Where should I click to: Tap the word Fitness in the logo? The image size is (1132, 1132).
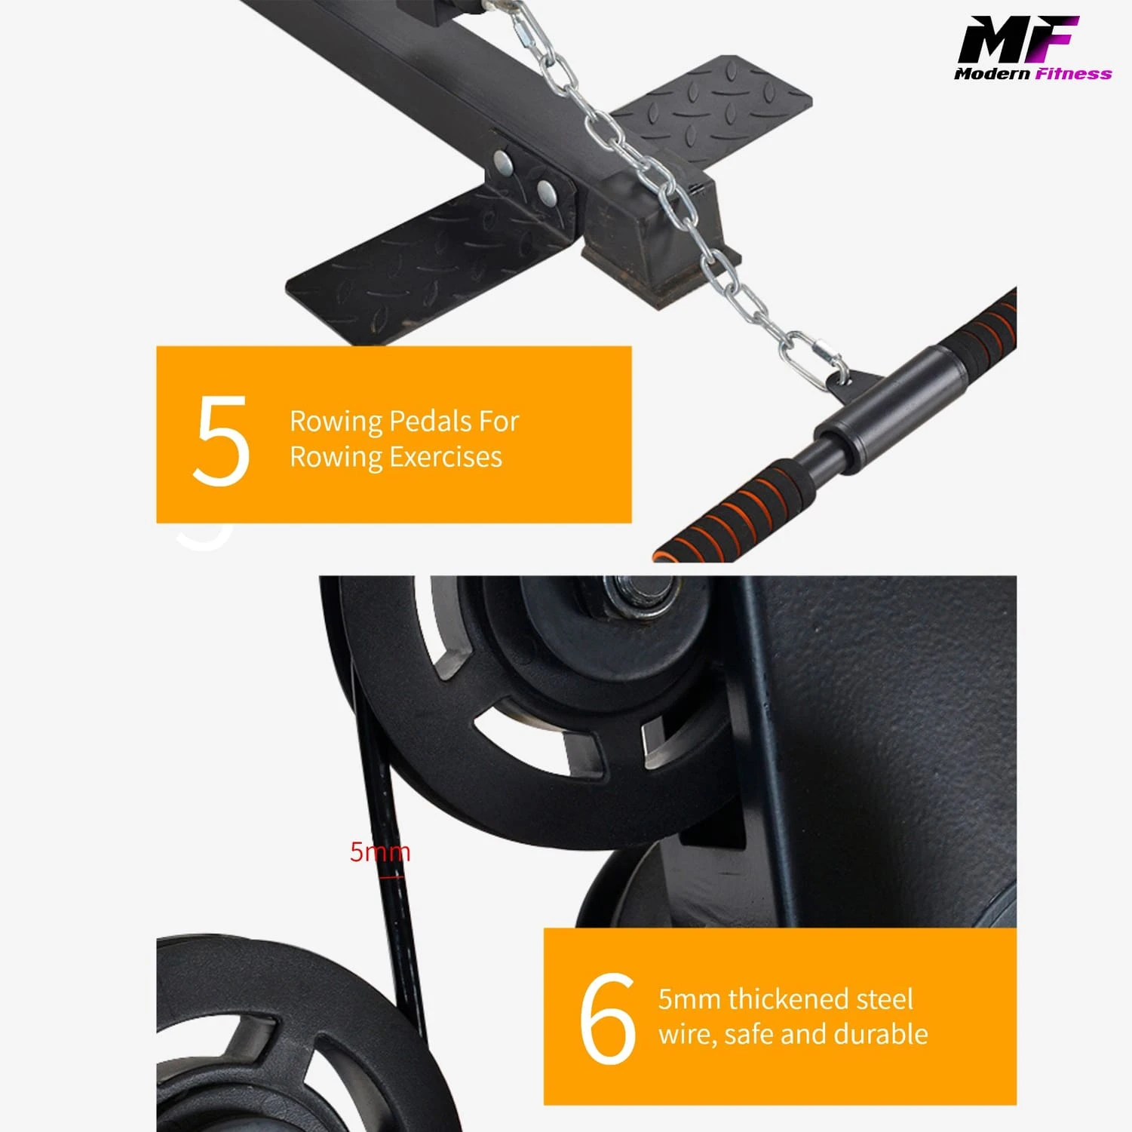click(x=1072, y=74)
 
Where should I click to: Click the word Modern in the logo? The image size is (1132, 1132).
click(x=992, y=74)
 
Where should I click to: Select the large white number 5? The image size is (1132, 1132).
click(x=220, y=440)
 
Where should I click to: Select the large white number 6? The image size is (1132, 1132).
click(x=607, y=1019)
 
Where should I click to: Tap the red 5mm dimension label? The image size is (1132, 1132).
click(x=379, y=852)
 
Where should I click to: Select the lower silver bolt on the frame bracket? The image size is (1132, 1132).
click(x=546, y=192)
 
